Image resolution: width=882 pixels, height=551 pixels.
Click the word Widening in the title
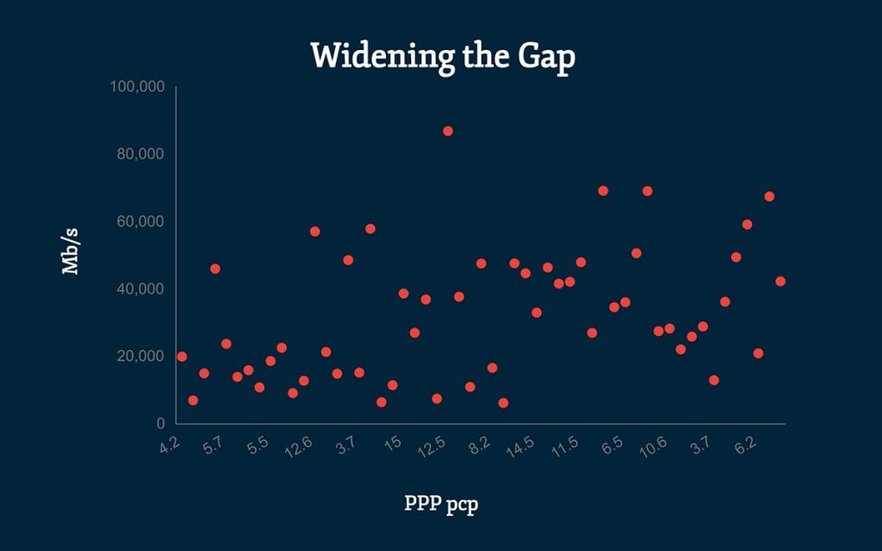[372, 56]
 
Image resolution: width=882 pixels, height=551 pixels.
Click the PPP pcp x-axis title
[441, 503]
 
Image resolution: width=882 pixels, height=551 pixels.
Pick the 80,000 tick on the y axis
[140, 154]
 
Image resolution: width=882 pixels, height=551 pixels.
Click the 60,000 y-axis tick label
[140, 221]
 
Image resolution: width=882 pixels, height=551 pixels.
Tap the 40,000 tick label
[140, 288]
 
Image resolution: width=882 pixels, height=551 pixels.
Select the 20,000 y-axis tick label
[140, 356]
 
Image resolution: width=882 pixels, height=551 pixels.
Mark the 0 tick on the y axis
[160, 423]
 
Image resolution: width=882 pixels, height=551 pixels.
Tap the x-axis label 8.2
[479, 445]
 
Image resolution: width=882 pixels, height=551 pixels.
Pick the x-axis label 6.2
[745, 445]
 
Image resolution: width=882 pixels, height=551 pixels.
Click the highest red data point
[448, 131]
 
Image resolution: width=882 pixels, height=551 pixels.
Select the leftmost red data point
[182, 356]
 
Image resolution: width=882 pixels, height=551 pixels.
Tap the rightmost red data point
[780, 282]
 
